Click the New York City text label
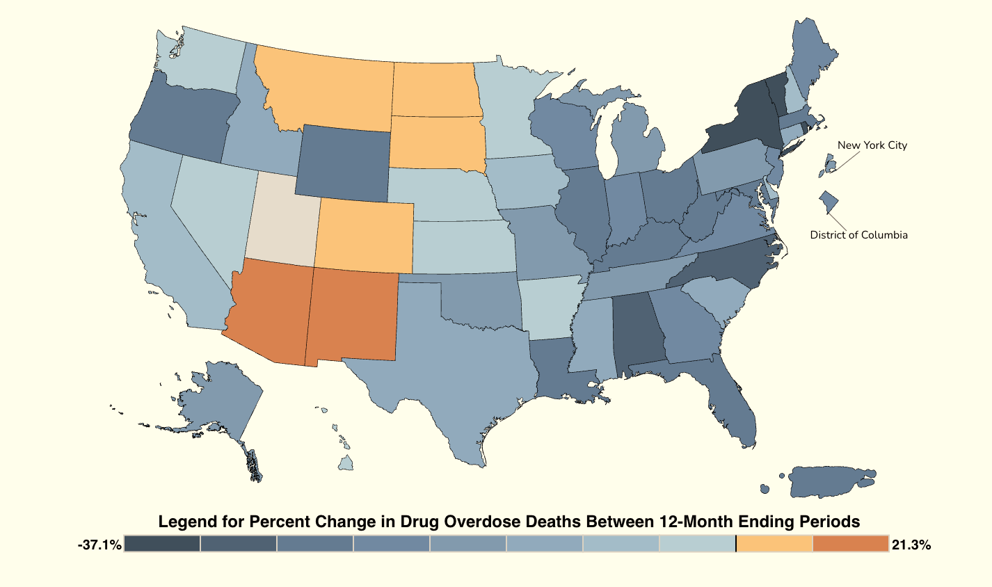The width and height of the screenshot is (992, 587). (x=872, y=145)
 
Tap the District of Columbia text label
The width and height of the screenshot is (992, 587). (x=858, y=235)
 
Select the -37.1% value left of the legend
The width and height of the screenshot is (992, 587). (x=99, y=545)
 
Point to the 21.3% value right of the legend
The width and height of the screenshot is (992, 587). (x=911, y=545)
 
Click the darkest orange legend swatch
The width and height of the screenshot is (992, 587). (x=850, y=544)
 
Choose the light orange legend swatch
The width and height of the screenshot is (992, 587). (x=774, y=544)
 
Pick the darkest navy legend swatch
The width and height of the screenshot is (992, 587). (x=162, y=544)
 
